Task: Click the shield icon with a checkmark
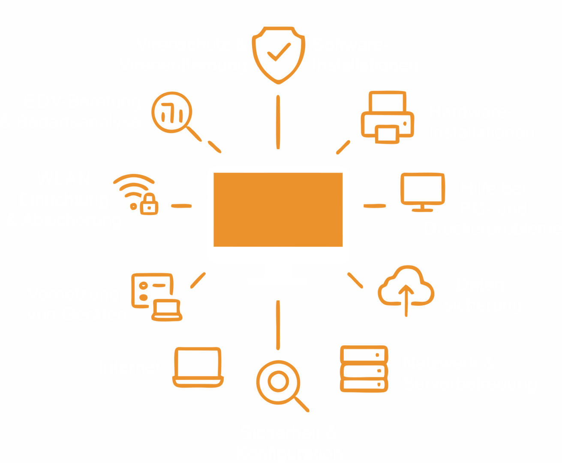click(279, 55)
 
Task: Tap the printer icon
click(388, 117)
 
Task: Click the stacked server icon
click(364, 369)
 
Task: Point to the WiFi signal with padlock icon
click(136, 194)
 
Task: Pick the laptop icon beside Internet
click(198, 367)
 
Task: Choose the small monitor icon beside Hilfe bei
click(422, 192)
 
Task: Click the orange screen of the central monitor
click(278, 210)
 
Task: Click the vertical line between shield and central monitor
click(278, 122)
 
